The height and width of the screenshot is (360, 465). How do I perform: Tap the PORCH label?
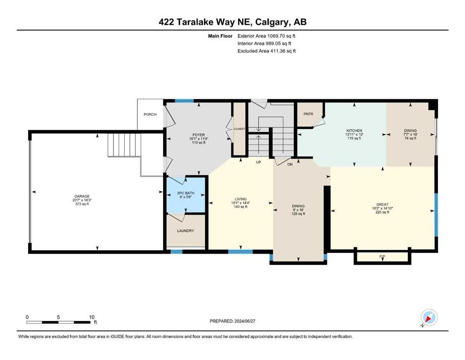pos(150,114)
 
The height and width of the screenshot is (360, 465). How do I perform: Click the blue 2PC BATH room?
pos(186,194)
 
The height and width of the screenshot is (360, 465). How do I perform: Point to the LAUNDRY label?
pos(185,231)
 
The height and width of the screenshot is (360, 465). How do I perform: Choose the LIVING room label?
pos(240,199)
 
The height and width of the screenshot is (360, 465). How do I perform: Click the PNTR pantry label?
pos(308,114)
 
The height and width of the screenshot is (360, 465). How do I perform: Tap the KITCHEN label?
pos(354,131)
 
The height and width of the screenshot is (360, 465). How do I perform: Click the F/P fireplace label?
pos(382,257)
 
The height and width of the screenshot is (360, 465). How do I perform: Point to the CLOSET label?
pos(239,128)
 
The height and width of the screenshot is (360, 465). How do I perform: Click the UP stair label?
pos(258,162)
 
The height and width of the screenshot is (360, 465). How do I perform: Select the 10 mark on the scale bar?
pos(92,317)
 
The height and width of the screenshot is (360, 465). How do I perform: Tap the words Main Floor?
pos(221,36)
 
